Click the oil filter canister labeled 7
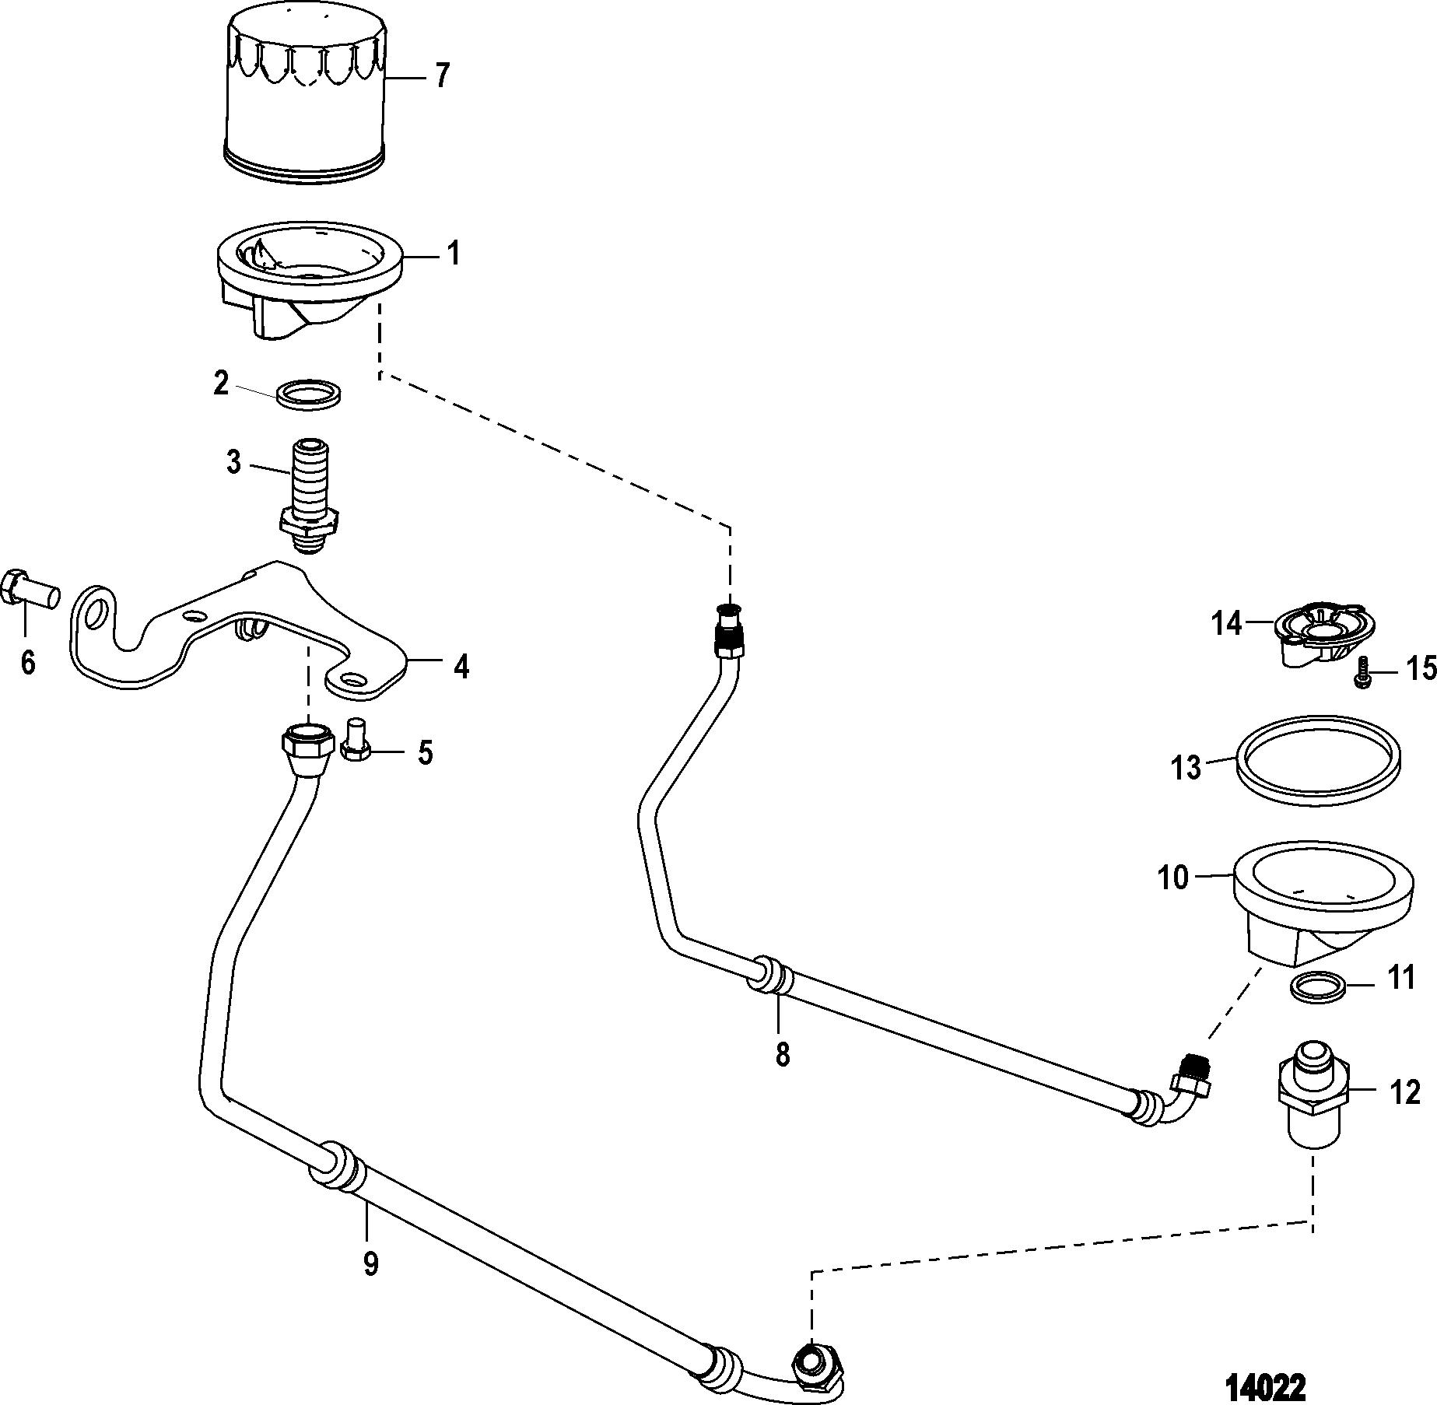304,94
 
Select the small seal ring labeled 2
310,394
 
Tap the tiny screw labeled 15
1362,671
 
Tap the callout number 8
782,1055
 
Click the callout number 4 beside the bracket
461,667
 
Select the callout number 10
1173,878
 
